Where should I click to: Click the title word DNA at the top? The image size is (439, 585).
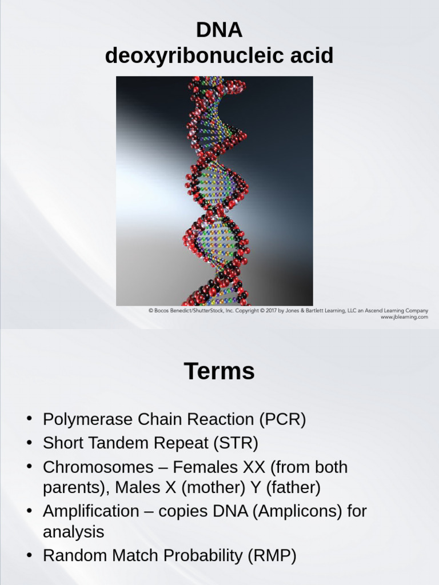coord(219,30)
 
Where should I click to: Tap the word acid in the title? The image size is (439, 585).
coord(309,56)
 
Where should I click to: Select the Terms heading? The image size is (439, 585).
coord(219,371)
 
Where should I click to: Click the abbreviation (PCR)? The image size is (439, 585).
coord(282,420)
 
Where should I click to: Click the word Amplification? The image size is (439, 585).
coord(90,511)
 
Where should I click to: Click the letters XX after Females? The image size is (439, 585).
coord(254,467)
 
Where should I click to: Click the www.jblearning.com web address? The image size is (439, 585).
coord(404,317)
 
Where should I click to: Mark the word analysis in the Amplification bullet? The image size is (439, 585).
coord(73,532)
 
